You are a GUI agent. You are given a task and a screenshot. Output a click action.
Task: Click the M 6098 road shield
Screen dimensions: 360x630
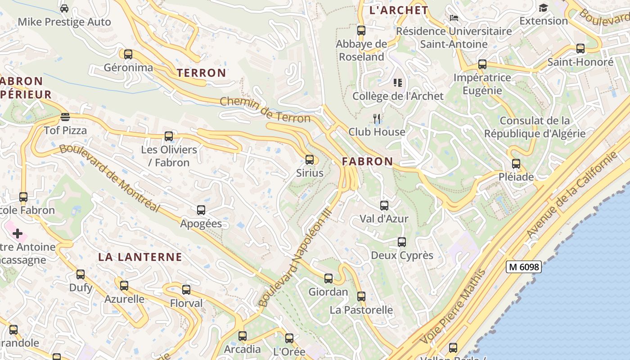pyautogui.click(x=523, y=267)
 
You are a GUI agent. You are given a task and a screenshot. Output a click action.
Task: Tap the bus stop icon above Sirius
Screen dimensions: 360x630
pyautogui.click(x=309, y=159)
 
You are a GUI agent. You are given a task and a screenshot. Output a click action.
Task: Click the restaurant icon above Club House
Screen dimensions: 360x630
pyautogui.click(x=377, y=119)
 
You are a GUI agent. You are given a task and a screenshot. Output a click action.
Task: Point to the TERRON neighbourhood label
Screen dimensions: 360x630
pyautogui.click(x=201, y=73)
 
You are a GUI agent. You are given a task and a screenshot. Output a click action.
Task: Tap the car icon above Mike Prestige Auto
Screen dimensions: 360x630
pyautogui.click(x=64, y=8)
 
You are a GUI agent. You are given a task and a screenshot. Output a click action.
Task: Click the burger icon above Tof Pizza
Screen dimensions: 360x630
pyautogui.click(x=65, y=117)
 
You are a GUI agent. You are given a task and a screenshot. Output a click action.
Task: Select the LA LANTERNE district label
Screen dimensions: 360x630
pyautogui.click(x=140, y=257)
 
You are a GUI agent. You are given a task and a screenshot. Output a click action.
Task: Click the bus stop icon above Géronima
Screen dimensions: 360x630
pyautogui.click(x=128, y=54)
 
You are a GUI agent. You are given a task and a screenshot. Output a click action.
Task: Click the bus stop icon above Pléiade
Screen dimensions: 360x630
pyautogui.click(x=516, y=164)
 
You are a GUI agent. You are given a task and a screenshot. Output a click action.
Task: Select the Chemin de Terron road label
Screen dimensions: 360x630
pyautogui.click(x=265, y=110)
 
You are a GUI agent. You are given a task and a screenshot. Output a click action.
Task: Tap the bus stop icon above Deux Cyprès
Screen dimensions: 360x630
pyautogui.click(x=402, y=242)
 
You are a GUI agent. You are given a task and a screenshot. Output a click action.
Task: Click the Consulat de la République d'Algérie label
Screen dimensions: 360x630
pyautogui.click(x=535, y=127)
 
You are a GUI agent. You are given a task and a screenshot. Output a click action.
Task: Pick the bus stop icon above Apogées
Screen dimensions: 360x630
pyautogui.click(x=201, y=210)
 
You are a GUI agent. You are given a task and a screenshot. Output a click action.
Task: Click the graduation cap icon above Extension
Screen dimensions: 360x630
pyautogui.click(x=544, y=8)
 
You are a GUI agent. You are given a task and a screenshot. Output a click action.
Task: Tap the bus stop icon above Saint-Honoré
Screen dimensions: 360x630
pyautogui.click(x=580, y=49)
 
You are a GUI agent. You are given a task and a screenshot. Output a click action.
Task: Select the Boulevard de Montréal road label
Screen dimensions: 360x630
pyautogui.click(x=109, y=177)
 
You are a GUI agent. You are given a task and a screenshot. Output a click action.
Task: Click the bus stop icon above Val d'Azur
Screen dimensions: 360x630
pyautogui.click(x=384, y=206)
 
